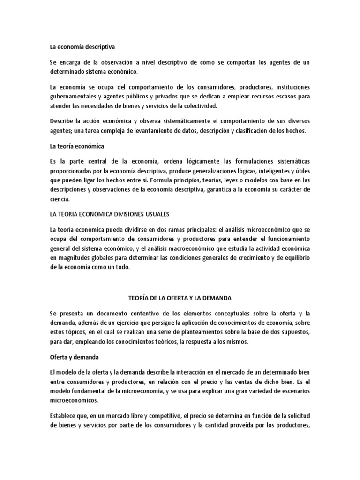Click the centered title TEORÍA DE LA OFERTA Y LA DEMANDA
pos(180,298)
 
